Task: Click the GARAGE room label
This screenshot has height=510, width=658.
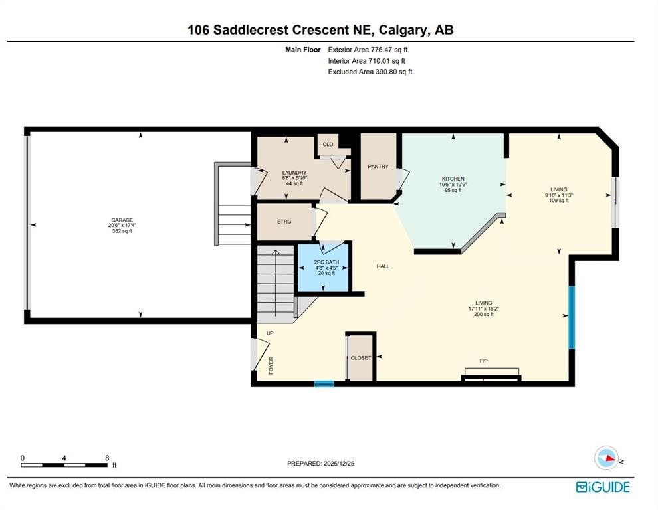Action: coord(122,220)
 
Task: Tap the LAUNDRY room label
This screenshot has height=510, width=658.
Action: coord(293,173)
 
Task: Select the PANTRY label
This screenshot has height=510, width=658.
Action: coord(378,167)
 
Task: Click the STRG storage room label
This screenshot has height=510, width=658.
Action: coord(284,222)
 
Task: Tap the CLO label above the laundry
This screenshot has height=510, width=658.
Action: coord(328,144)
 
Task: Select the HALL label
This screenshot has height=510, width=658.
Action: coord(383,266)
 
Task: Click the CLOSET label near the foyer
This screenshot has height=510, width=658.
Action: coord(361,358)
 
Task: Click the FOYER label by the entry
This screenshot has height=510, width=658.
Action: coord(271,366)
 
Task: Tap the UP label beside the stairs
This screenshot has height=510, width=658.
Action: coord(270,333)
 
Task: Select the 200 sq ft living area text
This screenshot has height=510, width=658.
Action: coord(483,315)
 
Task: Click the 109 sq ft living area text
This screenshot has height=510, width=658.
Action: coord(558,201)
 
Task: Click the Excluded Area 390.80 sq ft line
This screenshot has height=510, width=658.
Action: coord(370,72)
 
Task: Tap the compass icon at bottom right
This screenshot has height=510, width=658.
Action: coord(607,458)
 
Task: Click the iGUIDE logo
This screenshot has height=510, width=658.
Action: coord(602,487)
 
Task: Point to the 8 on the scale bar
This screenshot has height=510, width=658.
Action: coord(106,458)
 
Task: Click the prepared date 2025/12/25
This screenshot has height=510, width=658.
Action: coord(325,464)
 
